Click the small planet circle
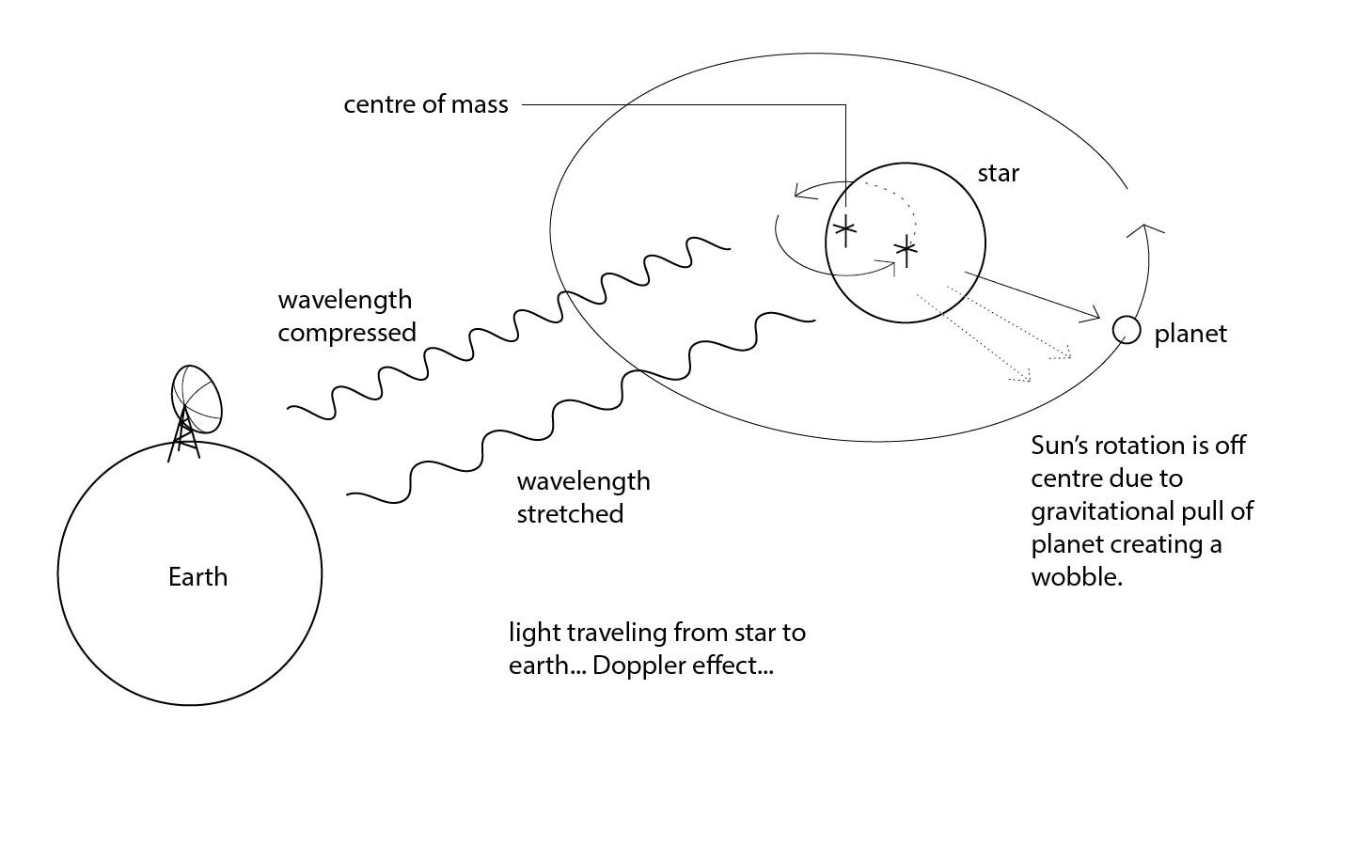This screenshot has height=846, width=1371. click(1126, 330)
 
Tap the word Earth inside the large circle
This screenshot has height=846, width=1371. click(197, 576)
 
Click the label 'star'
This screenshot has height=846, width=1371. click(998, 173)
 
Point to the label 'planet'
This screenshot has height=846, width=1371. click(1190, 335)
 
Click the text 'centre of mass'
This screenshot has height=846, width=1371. click(425, 104)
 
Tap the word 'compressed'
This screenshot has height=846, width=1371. click(346, 333)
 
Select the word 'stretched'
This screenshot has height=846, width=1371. click(570, 514)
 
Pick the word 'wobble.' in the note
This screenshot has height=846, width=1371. click(1077, 577)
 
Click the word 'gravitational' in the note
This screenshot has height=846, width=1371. click(1103, 511)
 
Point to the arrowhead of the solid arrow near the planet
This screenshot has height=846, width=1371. click(1095, 315)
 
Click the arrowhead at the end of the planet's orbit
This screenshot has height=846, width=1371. click(1145, 228)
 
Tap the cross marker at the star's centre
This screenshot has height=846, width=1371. click(906, 249)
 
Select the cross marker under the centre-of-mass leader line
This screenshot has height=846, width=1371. click(844, 228)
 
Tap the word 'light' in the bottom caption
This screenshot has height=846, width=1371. click(530, 633)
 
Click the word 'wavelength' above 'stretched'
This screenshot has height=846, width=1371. click(583, 481)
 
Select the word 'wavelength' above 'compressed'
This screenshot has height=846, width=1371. click(344, 300)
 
